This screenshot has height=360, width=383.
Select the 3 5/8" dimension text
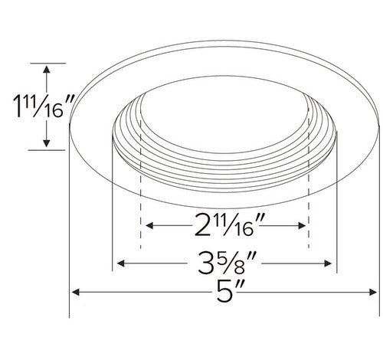[224, 263]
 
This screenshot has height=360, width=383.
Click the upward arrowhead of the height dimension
[46, 70]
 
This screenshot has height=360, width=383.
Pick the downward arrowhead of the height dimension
[46, 143]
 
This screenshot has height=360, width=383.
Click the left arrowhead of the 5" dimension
[75, 292]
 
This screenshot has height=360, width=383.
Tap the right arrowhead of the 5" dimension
[373, 292]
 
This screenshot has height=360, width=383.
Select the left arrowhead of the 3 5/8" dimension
[120, 263]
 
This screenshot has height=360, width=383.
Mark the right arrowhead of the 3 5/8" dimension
[328, 263]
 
